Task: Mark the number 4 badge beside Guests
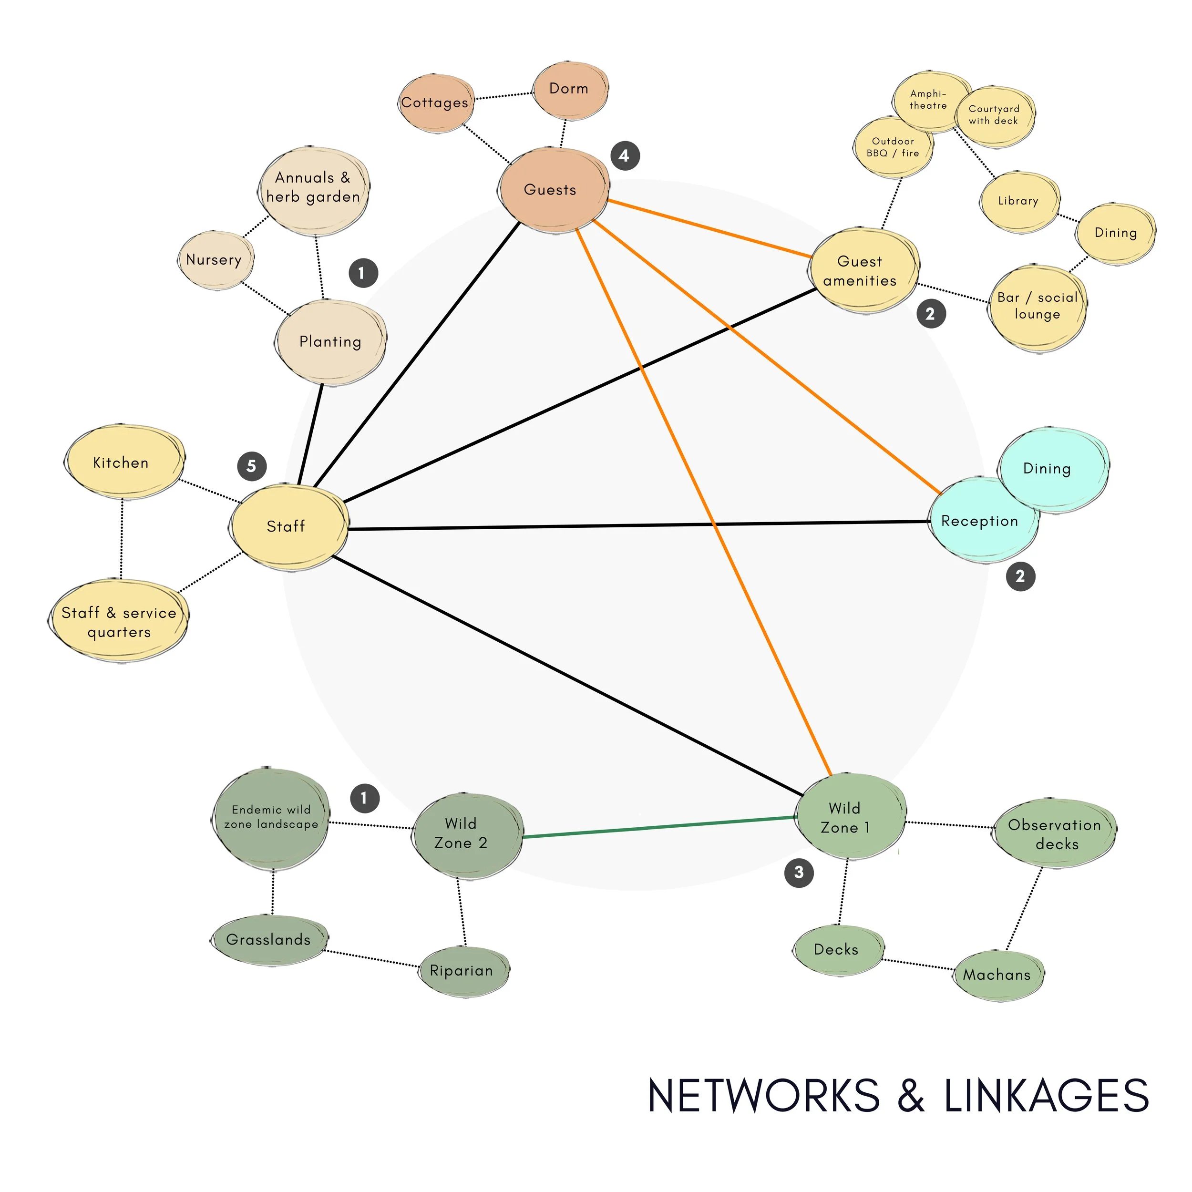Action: [x=625, y=155]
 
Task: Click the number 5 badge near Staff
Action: [x=252, y=466]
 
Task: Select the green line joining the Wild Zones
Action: [x=660, y=827]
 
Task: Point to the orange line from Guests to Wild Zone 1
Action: [x=703, y=500]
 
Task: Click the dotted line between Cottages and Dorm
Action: [x=503, y=96]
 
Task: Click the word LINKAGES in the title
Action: [x=1047, y=1096]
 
